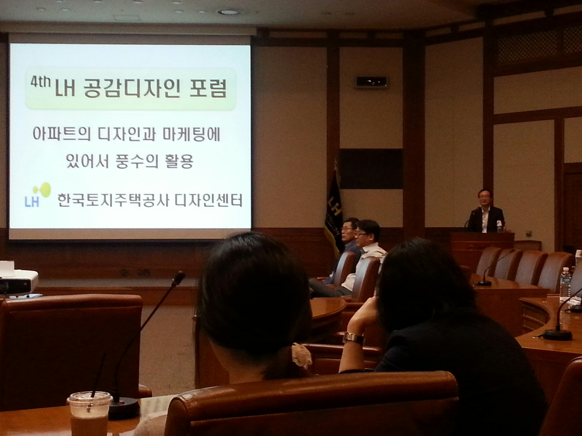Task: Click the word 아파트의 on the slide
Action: click(62, 135)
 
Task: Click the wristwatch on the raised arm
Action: click(353, 338)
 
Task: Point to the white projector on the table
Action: click(18, 281)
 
